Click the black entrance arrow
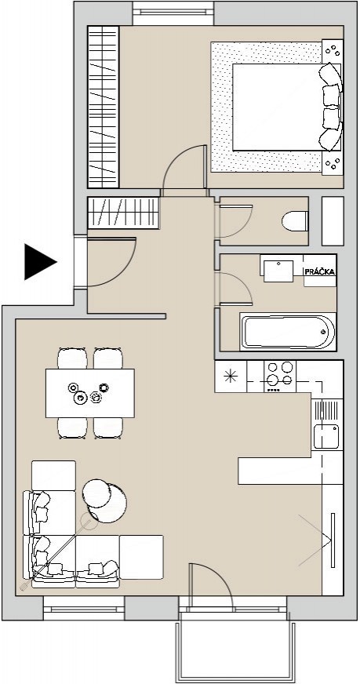[38, 262]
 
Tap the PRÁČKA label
[320, 271]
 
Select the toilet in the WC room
[295, 221]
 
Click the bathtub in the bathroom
[288, 332]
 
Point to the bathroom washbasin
[279, 271]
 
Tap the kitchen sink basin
[326, 436]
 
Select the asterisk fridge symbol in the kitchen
[231, 376]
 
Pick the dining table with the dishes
[90, 393]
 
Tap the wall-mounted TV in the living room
[333, 540]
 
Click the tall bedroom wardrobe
[104, 107]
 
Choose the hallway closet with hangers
[123, 213]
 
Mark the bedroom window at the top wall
[173, 13]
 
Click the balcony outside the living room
[235, 646]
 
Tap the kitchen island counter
[279, 471]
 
